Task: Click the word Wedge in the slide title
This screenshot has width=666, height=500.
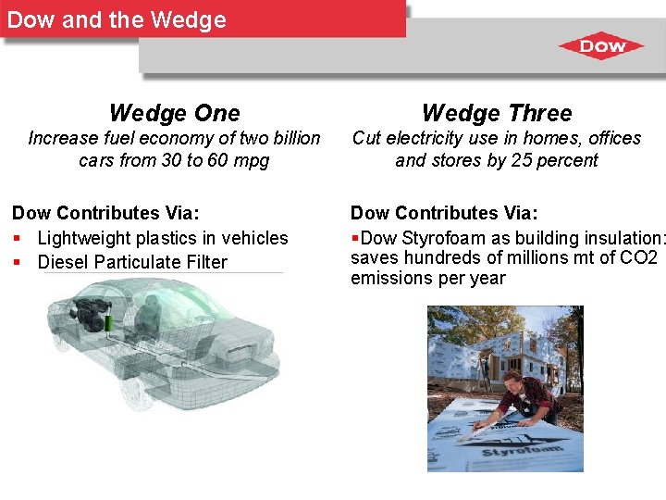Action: tap(191, 20)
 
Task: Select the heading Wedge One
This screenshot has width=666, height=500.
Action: tap(174, 113)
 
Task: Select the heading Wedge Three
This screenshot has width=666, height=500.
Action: tap(497, 113)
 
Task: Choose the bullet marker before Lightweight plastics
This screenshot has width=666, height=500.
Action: tap(18, 239)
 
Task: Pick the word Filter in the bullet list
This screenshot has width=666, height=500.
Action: tap(204, 262)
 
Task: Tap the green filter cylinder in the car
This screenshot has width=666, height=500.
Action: tap(109, 321)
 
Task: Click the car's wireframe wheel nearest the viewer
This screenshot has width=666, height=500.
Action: tap(138, 390)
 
